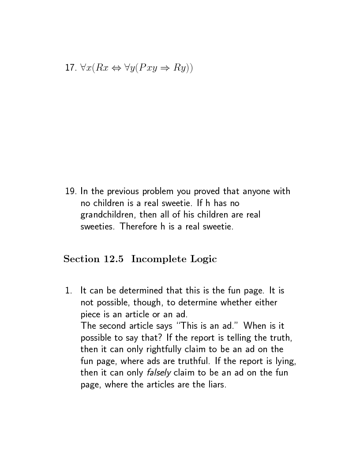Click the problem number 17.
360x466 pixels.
click(x=70, y=68)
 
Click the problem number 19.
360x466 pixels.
click(x=70, y=192)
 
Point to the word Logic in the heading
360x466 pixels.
click(x=203, y=259)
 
